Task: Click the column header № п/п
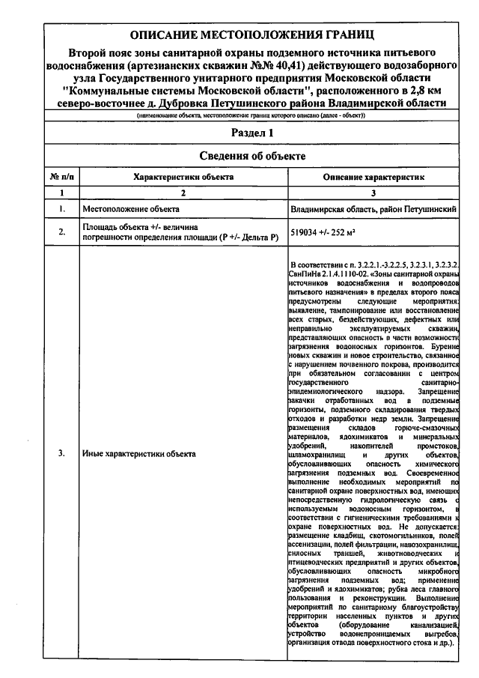(61, 177)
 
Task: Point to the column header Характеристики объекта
(183, 177)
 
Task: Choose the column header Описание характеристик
(373, 177)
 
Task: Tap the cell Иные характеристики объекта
(138, 453)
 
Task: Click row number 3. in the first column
(61, 453)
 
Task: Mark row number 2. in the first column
(61, 232)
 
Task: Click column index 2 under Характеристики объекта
(183, 193)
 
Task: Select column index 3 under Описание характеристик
(373, 193)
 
